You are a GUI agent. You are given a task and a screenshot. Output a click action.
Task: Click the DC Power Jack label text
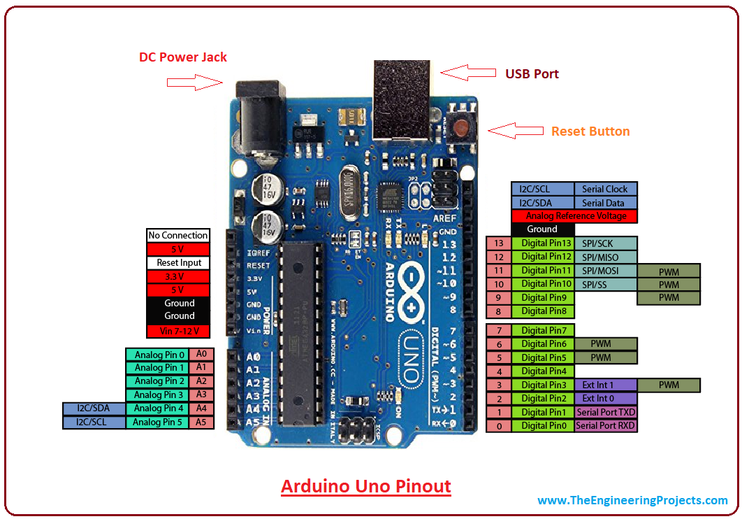point(183,57)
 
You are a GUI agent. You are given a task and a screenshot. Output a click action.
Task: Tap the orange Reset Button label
point(590,131)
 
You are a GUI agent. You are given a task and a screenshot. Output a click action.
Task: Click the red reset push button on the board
point(461,127)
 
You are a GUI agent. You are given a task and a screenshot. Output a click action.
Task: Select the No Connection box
point(178,236)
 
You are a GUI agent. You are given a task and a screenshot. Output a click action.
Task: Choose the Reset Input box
point(178,263)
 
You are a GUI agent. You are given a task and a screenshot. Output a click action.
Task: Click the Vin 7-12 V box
point(178,331)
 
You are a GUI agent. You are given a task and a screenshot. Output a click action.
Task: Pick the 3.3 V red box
point(178,276)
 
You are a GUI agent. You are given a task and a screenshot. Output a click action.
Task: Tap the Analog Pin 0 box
point(159,355)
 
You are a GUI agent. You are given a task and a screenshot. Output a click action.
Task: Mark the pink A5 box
point(201,422)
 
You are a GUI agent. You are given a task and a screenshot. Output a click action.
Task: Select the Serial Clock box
point(605,189)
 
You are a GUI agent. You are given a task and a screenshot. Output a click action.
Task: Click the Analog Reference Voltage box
point(574,216)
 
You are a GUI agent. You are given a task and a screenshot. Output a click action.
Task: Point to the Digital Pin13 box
point(543,243)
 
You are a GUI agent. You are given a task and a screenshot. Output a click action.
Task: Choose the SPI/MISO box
point(605,257)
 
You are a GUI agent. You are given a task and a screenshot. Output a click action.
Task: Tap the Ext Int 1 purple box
point(605,385)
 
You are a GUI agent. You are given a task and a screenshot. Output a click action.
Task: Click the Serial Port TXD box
point(605,412)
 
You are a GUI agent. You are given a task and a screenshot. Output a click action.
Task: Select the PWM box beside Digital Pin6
point(605,344)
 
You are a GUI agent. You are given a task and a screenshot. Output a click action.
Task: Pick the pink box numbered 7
point(498,330)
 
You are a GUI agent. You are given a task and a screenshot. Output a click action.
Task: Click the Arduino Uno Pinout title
point(366,486)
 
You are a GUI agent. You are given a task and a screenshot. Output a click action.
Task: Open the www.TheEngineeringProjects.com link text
point(632,500)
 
